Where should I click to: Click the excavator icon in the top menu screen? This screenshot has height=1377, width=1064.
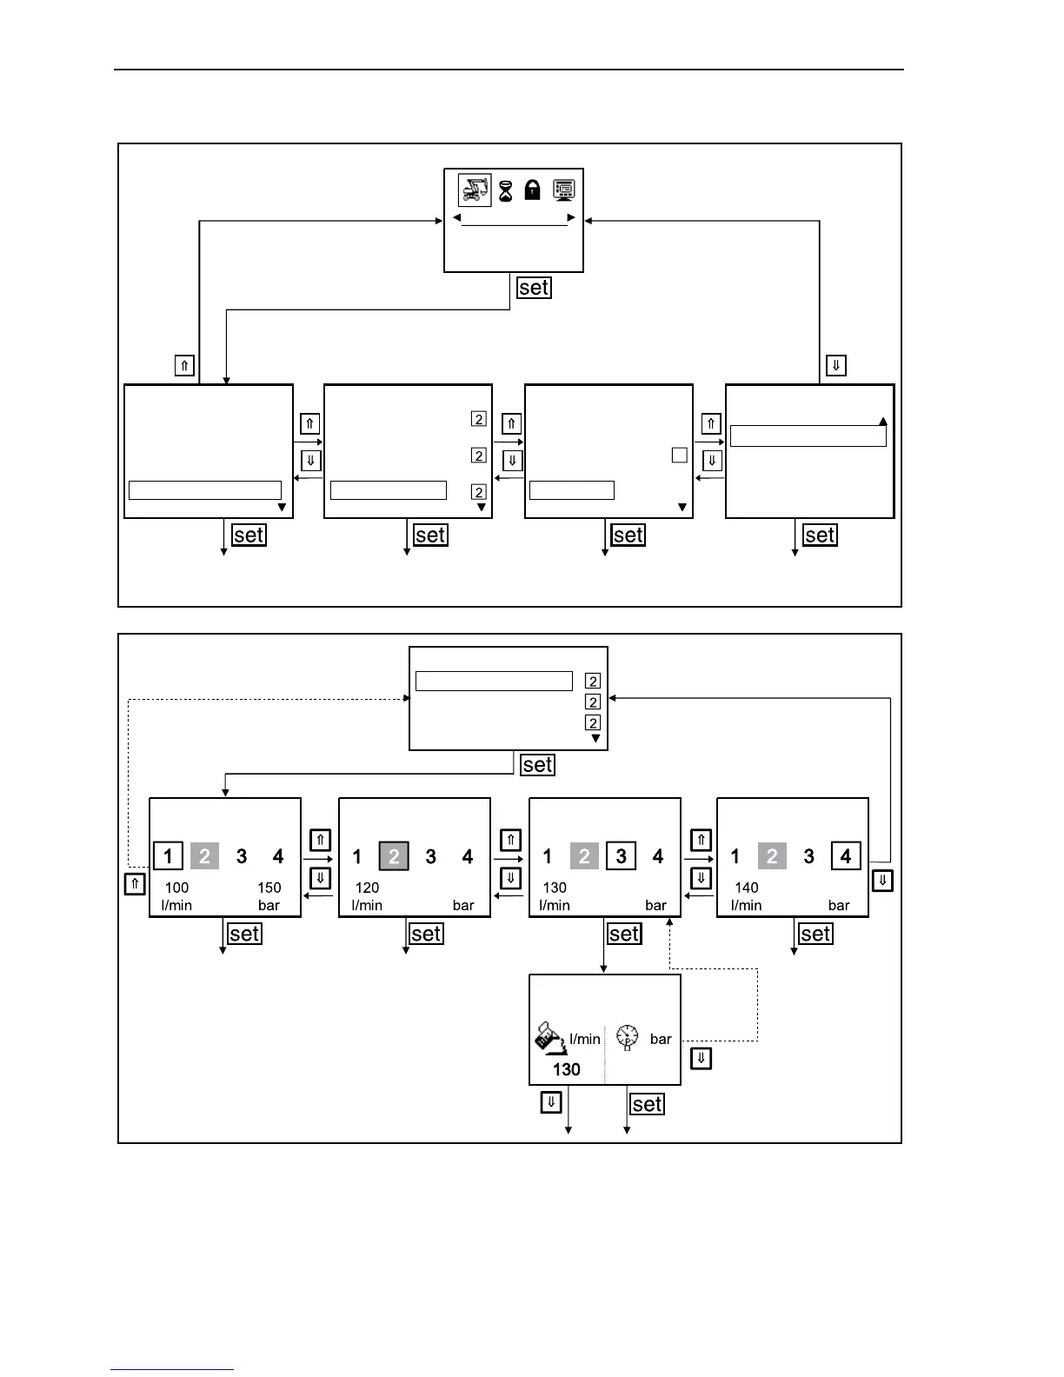tap(475, 190)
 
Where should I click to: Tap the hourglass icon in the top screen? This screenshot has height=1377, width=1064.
tap(505, 190)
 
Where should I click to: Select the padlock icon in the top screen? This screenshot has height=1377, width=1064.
tap(532, 190)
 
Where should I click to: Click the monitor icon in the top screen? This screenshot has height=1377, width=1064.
tap(563, 190)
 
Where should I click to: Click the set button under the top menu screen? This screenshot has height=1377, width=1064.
tap(534, 288)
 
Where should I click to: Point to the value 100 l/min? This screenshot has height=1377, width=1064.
tap(176, 888)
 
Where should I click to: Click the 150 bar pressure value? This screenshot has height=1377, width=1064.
tap(269, 888)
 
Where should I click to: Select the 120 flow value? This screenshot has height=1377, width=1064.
tap(367, 888)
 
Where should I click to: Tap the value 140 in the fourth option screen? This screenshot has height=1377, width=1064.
tap(746, 888)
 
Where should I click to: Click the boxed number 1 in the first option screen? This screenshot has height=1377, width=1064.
tap(168, 856)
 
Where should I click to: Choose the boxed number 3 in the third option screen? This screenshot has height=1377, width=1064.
tap(621, 856)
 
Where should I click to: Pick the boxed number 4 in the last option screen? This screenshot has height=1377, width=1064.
tap(846, 856)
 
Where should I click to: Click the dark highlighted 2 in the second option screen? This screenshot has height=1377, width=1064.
tap(394, 856)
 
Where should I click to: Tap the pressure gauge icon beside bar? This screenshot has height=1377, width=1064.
tap(627, 1037)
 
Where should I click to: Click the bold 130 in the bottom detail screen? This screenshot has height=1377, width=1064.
tap(566, 1069)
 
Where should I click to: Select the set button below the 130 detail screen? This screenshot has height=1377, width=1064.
tap(648, 1104)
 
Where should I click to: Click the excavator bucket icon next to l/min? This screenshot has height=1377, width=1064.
tap(549, 1037)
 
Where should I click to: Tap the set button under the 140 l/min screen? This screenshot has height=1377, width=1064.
tap(815, 934)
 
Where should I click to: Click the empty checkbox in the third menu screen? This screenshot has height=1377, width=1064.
tap(680, 455)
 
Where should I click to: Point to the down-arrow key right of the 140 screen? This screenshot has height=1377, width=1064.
tap(882, 881)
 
